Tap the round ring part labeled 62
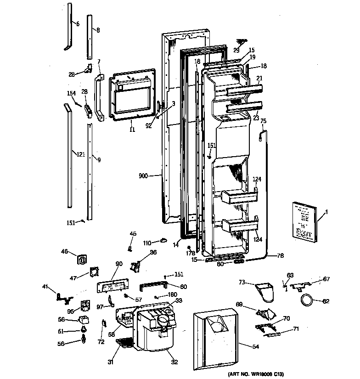point(306,301)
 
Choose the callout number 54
point(255,347)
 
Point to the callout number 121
point(81,154)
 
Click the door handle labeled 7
point(98,98)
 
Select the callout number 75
point(264,120)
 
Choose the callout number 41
point(45,287)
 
